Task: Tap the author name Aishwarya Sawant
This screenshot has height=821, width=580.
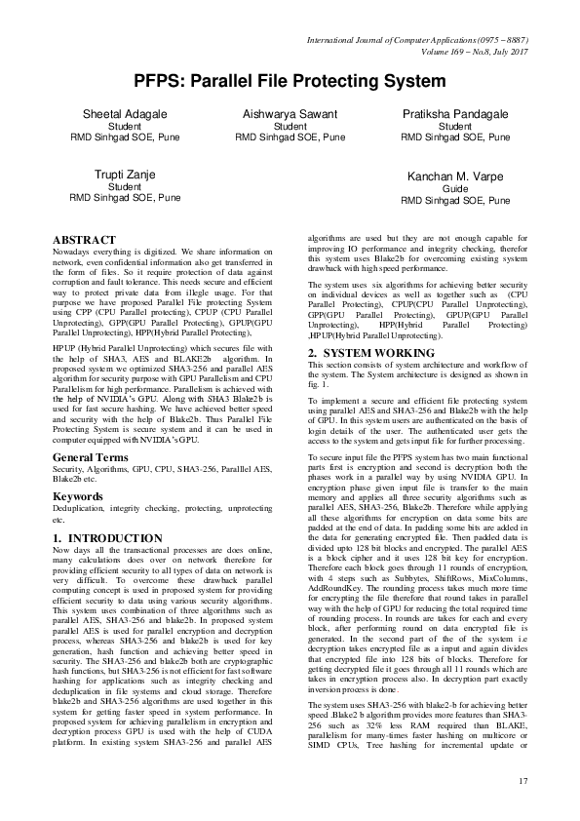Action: pyautogui.click(x=290, y=114)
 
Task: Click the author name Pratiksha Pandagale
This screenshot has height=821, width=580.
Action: pyautogui.click(x=454, y=114)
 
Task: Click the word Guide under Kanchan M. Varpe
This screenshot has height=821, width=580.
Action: pyautogui.click(x=455, y=189)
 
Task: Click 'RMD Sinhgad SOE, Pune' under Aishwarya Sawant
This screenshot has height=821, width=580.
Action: pyautogui.click(x=290, y=137)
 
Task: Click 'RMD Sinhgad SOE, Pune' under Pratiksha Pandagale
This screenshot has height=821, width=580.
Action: pyautogui.click(x=454, y=137)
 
